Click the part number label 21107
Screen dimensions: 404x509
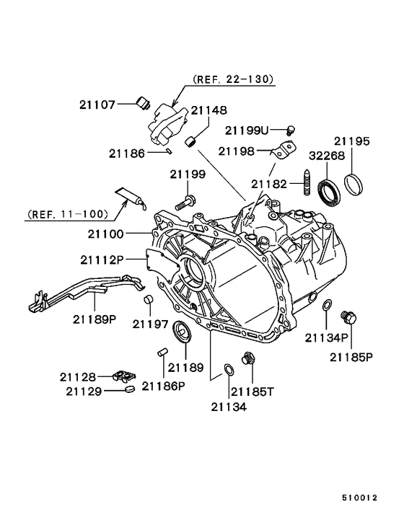(x=97, y=105)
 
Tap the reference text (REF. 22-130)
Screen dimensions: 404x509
(x=233, y=79)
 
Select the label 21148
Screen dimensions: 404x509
(x=208, y=110)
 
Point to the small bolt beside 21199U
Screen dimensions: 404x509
(x=291, y=130)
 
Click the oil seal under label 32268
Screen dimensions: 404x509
(x=329, y=192)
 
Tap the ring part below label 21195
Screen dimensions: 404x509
(x=353, y=185)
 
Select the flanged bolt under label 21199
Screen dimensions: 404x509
(x=185, y=202)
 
